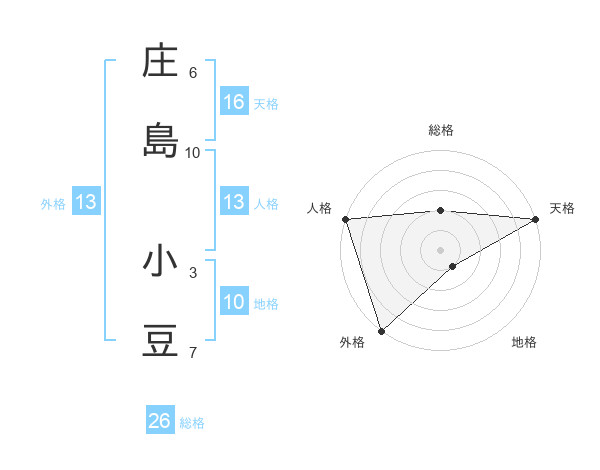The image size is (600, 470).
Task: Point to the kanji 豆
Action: click(160, 340)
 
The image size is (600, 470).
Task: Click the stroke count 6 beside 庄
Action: click(193, 73)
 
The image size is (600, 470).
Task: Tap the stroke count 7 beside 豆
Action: click(193, 352)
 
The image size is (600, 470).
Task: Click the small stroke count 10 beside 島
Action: click(193, 153)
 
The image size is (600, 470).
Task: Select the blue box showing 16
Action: click(234, 102)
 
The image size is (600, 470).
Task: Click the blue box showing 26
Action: click(160, 421)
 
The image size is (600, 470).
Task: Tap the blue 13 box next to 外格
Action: click(86, 203)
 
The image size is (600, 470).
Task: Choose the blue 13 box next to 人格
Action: click(234, 203)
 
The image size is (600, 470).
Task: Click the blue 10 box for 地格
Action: click(234, 303)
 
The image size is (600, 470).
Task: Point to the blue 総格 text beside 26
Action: click(192, 423)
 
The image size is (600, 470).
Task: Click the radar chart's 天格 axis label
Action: click(563, 208)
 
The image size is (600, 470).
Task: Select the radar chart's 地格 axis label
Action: click(524, 342)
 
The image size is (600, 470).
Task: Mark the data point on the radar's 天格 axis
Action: click(536, 218)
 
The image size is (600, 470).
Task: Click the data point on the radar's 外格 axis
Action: click(381, 330)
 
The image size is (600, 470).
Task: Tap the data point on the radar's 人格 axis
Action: click(345, 218)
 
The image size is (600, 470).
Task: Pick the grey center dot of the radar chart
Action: click(440, 249)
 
